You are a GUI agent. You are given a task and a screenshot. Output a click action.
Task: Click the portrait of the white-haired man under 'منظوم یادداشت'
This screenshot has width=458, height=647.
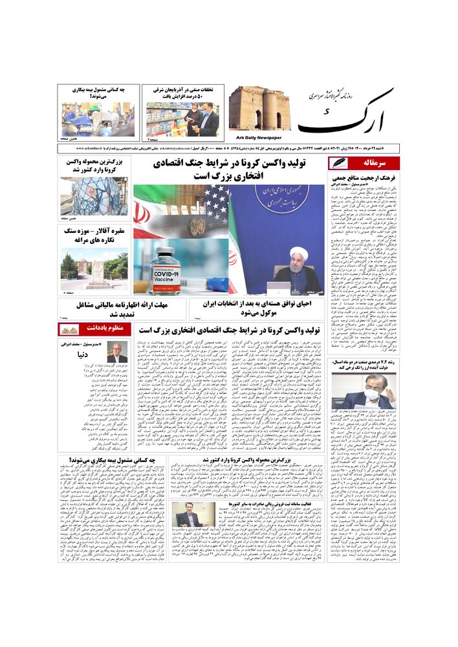point(117,353)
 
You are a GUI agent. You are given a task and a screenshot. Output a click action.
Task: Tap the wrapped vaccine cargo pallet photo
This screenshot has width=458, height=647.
point(94,195)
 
